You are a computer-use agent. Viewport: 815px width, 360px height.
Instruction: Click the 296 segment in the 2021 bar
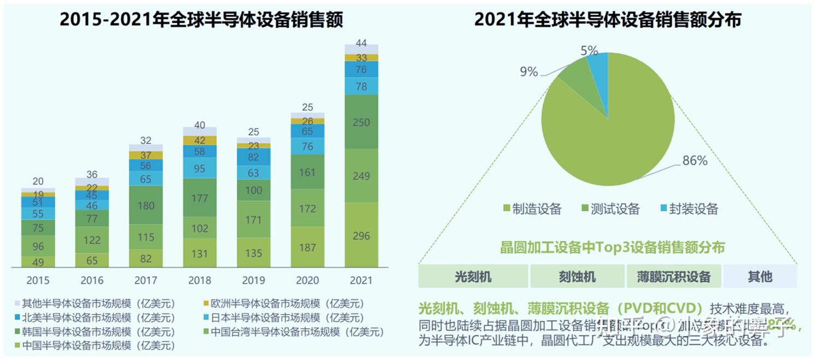(361, 235)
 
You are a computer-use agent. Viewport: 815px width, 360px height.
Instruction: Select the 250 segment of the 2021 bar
(361, 122)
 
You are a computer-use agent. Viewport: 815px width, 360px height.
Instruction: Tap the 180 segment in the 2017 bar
(145, 205)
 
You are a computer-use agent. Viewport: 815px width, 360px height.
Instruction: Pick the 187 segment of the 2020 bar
(307, 247)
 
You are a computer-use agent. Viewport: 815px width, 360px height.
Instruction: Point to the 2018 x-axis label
(200, 281)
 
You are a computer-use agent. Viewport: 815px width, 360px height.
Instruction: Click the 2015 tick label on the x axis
(38, 281)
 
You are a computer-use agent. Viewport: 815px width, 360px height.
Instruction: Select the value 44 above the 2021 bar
(361, 43)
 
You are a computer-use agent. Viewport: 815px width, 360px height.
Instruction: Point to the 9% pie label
(528, 72)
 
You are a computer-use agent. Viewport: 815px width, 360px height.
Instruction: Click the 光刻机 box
(473, 276)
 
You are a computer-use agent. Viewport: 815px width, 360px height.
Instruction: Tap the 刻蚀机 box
(577, 276)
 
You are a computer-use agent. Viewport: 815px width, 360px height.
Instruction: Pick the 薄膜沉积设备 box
(673, 276)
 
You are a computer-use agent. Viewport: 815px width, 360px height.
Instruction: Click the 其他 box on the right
(760, 276)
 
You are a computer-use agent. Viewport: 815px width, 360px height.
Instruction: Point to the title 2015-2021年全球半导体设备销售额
(201, 20)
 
